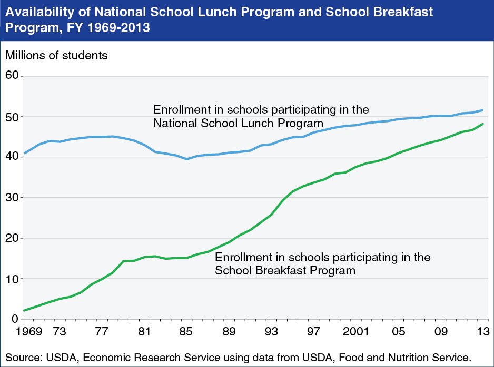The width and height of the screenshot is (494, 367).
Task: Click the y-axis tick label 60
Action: (12, 76)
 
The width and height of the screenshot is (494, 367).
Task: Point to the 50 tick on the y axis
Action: (12, 117)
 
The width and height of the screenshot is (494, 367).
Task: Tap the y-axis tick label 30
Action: (12, 198)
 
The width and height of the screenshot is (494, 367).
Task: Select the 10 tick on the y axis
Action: (12, 279)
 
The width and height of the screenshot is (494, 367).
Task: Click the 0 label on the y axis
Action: (15, 319)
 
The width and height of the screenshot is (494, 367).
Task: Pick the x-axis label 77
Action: (102, 332)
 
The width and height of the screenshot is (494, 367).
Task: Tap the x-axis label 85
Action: (186, 332)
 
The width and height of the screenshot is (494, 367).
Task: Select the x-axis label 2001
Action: (355, 332)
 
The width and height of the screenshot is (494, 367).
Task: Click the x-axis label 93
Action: (271, 332)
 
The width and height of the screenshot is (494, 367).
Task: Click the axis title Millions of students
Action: (56, 55)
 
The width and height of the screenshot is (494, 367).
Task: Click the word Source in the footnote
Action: (22, 358)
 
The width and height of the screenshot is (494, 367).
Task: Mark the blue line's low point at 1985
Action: (186, 159)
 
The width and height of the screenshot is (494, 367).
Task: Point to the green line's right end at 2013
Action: (483, 124)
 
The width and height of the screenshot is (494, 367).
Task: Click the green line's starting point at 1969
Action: (24, 311)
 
